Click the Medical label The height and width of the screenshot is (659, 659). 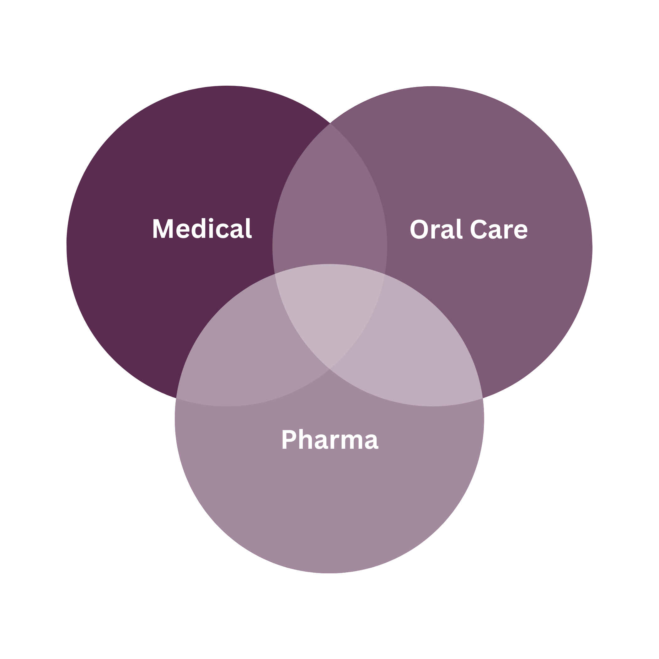tap(202, 229)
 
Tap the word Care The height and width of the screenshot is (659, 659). tap(499, 229)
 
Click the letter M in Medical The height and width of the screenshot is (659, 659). tap(163, 229)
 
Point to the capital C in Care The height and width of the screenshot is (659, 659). tap(479, 229)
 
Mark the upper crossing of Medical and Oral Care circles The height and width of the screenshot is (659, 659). tap(330, 124)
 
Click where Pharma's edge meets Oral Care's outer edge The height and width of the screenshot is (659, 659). tap(483, 398)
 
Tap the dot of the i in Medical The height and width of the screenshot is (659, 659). tap(211, 220)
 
